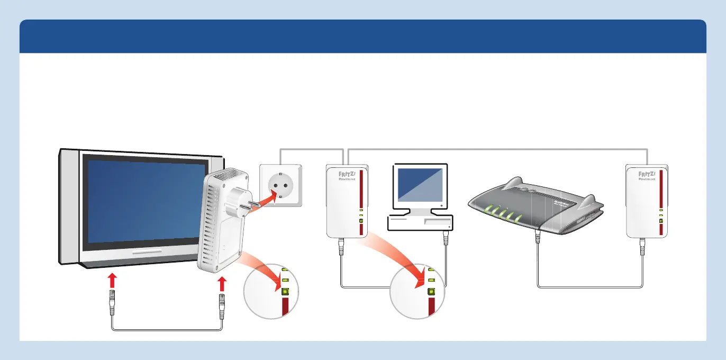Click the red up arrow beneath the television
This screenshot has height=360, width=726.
click(112, 280)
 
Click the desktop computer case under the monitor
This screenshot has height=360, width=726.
click(420, 222)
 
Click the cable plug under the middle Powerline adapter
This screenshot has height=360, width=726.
click(342, 246)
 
